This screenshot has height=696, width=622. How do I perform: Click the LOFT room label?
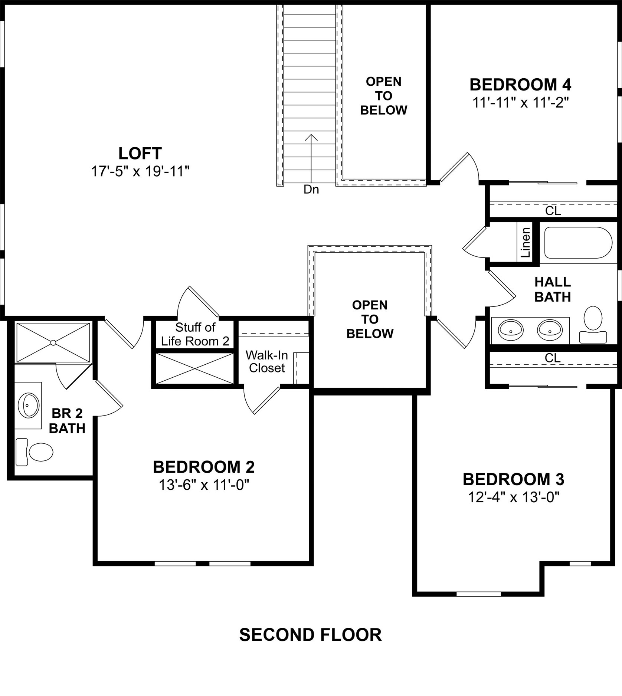(140, 153)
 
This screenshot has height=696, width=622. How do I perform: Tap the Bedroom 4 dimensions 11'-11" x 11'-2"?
(520, 102)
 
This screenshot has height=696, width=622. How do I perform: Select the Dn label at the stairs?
(311, 190)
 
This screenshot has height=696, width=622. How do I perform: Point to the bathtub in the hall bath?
(578, 243)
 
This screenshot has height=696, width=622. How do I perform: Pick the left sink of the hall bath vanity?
(511, 329)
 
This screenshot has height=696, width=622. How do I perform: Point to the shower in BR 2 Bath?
(53, 342)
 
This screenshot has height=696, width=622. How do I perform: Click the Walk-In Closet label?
(266, 361)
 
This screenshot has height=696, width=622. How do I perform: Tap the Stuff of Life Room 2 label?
(195, 334)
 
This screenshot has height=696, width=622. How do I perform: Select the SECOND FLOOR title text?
(310, 635)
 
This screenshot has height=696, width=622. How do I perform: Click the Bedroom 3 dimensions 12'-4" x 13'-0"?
(513, 497)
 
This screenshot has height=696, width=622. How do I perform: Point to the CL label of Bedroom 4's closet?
(553, 211)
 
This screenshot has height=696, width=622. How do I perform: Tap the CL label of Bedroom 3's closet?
(552, 358)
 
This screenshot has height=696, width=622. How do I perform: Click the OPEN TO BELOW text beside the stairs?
(383, 96)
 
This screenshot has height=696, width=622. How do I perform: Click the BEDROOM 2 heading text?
(204, 467)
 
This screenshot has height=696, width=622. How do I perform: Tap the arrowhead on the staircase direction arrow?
(311, 137)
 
